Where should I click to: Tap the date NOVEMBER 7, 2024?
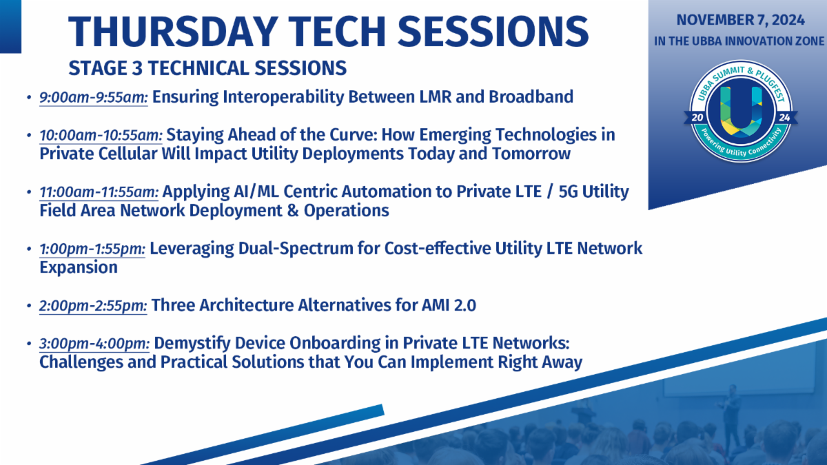coord(740,20)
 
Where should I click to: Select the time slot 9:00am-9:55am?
coord(94,97)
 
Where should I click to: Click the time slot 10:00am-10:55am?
coord(101,135)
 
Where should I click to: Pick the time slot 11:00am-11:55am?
coord(99,192)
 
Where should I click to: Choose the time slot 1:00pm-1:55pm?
coord(92,249)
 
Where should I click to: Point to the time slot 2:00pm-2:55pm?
coord(93,306)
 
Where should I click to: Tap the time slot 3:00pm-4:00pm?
coord(94,344)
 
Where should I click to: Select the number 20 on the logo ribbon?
coord(697,118)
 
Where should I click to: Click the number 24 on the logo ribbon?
coord(784,118)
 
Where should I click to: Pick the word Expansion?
coord(79,268)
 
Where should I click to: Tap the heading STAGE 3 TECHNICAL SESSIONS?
coord(207,68)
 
